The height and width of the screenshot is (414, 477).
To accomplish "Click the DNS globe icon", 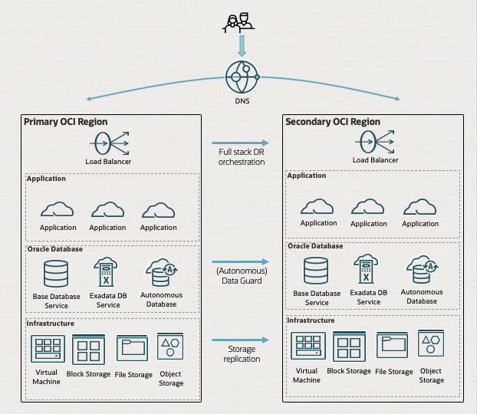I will click(x=241, y=77).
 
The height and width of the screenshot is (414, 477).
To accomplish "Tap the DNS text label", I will click(x=241, y=100).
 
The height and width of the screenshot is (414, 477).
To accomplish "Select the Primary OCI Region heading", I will click(x=66, y=122).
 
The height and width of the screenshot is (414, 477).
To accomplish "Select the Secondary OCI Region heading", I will click(x=333, y=122).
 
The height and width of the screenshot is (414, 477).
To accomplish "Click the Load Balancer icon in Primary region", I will click(x=108, y=143).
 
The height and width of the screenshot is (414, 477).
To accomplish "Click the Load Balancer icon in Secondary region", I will click(x=375, y=141).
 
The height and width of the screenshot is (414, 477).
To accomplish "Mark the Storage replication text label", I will click(x=242, y=354).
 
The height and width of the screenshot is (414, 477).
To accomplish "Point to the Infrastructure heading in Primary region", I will click(x=51, y=324).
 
